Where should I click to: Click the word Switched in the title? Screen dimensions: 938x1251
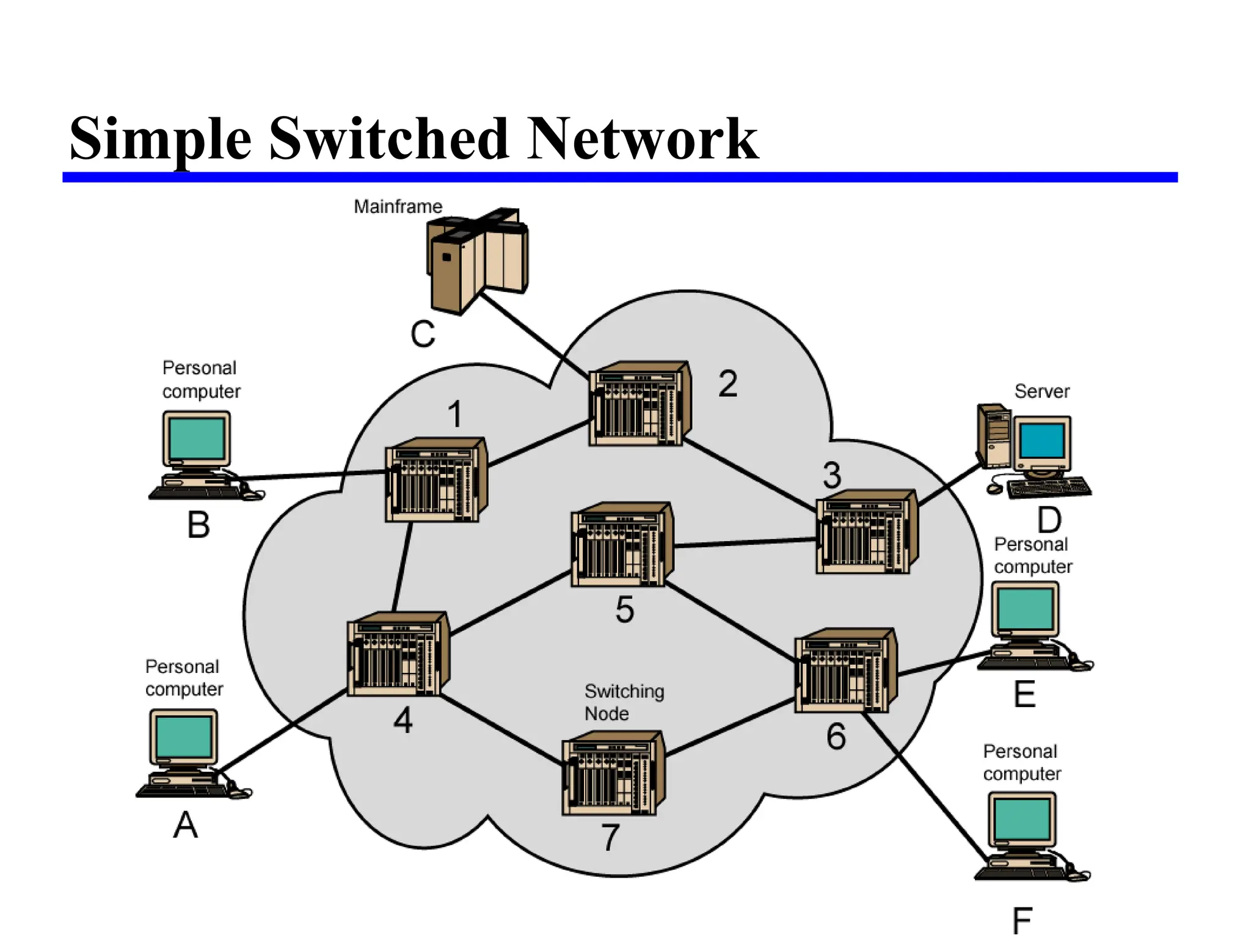tap(388, 139)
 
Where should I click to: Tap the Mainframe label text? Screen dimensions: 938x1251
tap(398, 206)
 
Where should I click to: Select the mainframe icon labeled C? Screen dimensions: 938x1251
tap(476, 260)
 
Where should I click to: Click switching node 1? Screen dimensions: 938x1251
tap(435, 480)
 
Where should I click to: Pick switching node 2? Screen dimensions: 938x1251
tap(639, 404)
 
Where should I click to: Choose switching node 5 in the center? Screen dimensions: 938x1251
tap(621, 545)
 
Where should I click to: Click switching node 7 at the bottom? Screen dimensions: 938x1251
tap(613, 774)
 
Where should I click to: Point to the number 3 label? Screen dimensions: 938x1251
tap(831, 475)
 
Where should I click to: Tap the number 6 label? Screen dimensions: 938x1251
tap(836, 736)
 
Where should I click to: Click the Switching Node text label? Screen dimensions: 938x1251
tap(623, 702)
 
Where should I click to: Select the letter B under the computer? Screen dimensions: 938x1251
tap(199, 525)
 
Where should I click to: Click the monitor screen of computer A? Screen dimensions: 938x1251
tap(183, 736)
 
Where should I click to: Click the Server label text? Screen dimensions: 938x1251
tap(1041, 391)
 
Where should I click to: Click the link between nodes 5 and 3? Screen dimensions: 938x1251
tap(745, 542)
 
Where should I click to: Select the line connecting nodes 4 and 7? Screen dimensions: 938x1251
tap(501, 730)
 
